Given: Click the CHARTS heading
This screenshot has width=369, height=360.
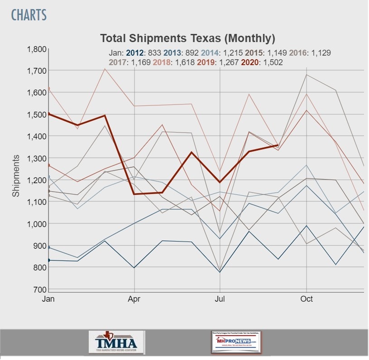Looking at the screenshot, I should point(29,15).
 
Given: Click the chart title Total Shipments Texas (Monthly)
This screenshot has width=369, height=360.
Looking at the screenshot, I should point(187,38).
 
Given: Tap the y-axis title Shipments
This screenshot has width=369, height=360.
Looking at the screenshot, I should point(16,175).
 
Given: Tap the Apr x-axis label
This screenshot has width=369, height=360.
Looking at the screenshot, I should point(134,299).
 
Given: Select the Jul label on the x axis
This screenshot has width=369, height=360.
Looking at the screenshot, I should point(220,299).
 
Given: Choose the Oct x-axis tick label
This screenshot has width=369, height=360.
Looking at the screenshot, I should point(307,299).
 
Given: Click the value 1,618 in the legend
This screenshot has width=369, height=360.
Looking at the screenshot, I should point(184,62).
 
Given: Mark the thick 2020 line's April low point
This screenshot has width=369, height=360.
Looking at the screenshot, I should point(134,194).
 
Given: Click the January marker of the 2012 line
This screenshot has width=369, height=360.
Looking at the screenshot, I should point(48,260).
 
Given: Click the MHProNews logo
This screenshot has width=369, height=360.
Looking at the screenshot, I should point(236,342).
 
